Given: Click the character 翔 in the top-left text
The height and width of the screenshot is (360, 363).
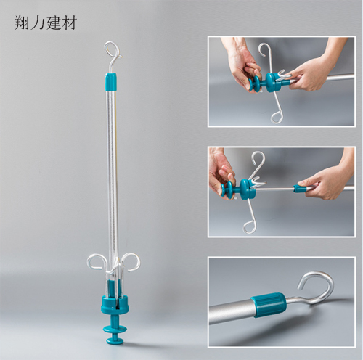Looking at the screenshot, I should pos(22,22).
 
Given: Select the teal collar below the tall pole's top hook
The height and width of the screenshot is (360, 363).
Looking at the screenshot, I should pos(111,81).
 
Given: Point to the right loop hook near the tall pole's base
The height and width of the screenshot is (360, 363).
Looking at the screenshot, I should pos(131,261).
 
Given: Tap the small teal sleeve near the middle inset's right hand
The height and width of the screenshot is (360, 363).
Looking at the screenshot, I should pos(300,189).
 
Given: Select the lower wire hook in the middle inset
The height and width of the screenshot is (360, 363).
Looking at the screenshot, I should pos(251,222).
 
